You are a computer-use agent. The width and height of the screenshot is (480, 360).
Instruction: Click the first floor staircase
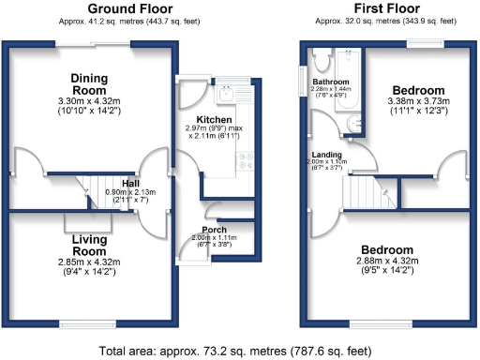(x=367, y=193)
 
